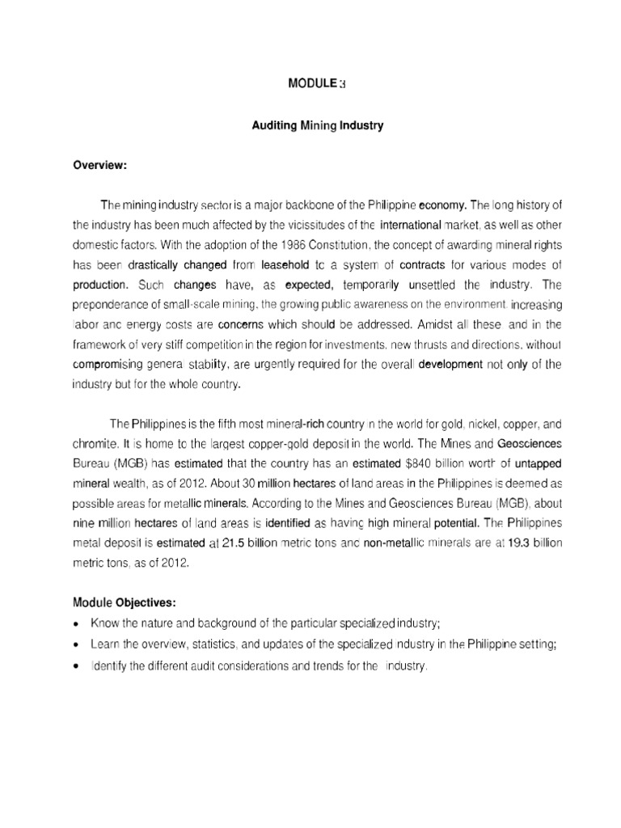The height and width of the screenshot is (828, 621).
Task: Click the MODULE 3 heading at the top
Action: (311, 82)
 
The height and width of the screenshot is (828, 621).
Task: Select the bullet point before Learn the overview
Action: (77, 645)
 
